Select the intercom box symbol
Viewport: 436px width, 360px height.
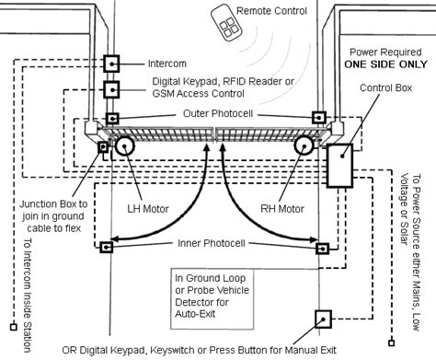tap(112, 64)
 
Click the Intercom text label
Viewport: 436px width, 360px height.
tap(166, 64)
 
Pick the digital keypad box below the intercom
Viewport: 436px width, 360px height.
tap(112, 90)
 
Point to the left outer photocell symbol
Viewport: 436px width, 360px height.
tap(112, 119)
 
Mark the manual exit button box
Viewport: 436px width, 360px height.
tap(323, 319)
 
